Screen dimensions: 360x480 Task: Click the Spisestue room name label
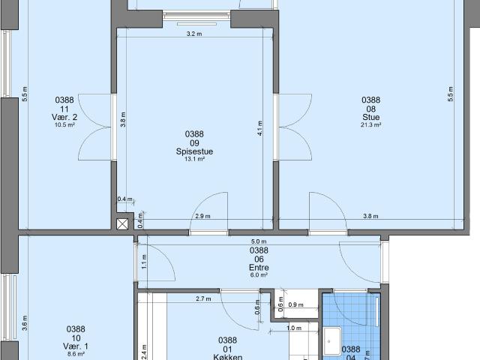(194, 151)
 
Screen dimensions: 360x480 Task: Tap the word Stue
(370, 118)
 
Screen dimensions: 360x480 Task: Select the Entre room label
(259, 267)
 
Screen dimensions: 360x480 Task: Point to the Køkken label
(227, 358)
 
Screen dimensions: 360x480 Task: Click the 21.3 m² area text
(370, 125)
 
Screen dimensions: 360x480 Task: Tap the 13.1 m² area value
(194, 159)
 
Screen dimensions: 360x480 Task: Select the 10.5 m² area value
(65, 125)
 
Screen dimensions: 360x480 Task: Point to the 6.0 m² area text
(259, 275)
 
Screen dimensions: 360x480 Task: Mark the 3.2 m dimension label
(194, 34)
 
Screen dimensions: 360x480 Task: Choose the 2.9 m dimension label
(202, 216)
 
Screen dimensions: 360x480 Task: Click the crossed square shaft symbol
(122, 223)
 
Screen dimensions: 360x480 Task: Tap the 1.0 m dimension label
(293, 328)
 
